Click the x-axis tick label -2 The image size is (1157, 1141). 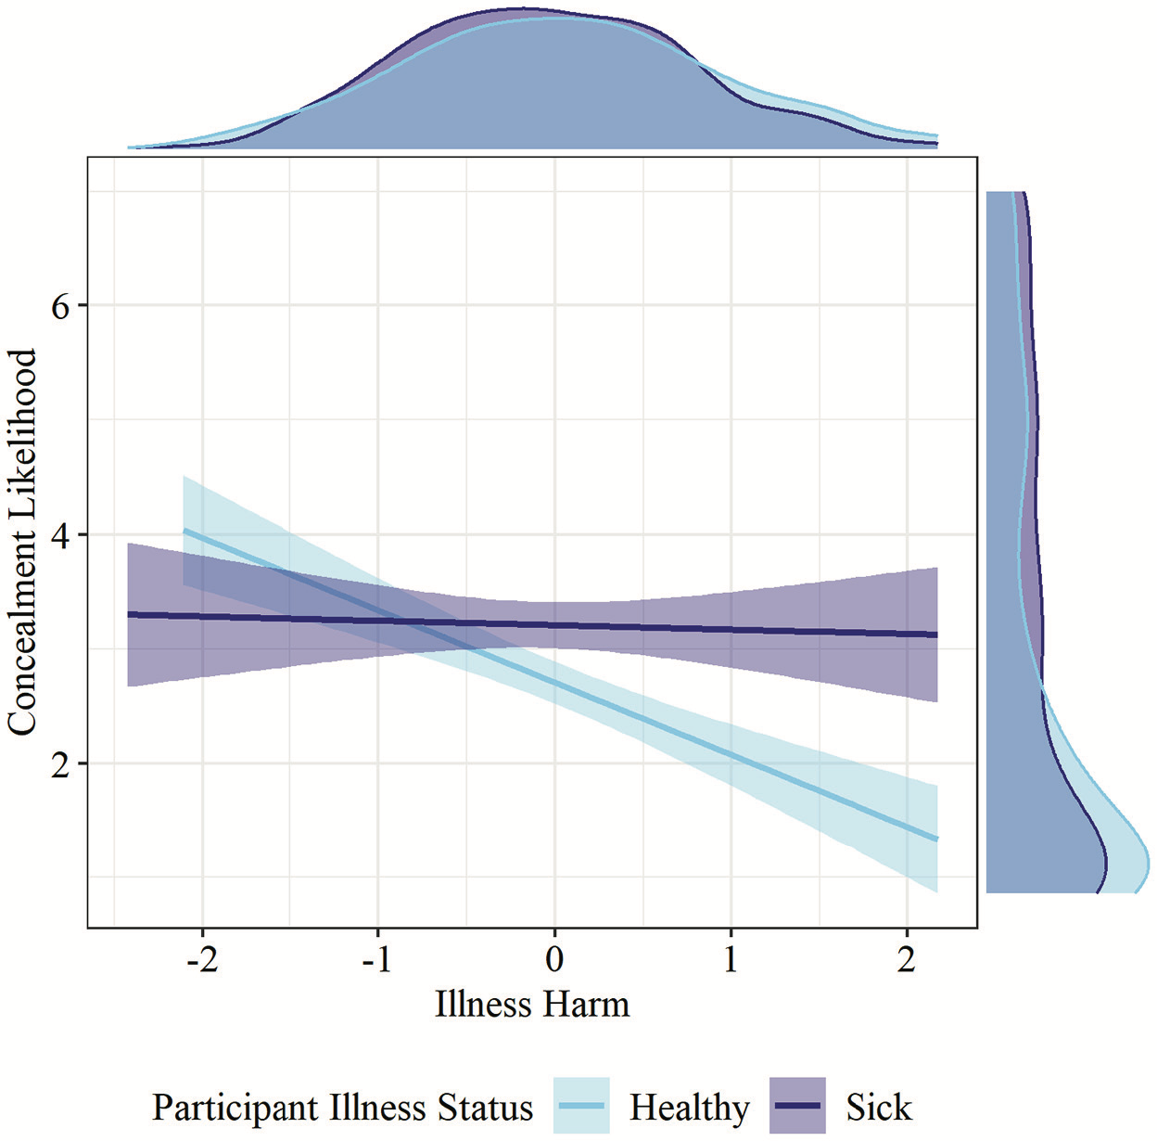pos(201,959)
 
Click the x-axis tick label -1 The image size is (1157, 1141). pos(377,959)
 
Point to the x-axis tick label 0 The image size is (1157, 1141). pos(554,959)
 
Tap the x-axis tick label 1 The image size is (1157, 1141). pos(731,959)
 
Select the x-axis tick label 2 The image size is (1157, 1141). pos(907,959)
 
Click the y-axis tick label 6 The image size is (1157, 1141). pos(60,306)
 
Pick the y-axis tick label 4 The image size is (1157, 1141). pos(60,535)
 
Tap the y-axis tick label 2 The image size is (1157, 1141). pos(60,764)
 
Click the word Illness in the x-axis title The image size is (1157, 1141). pos(484,1005)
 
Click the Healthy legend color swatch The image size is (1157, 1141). pos(581,1106)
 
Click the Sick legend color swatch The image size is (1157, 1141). pos(797,1106)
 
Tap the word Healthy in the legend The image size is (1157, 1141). pos(690,1108)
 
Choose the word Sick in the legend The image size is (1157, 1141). pos(878,1108)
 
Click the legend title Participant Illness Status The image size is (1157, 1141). pos(343,1109)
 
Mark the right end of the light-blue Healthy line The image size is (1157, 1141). pos(937,840)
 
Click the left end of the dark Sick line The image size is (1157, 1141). pos(128,614)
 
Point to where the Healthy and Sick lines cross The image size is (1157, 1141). pos(405,621)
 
